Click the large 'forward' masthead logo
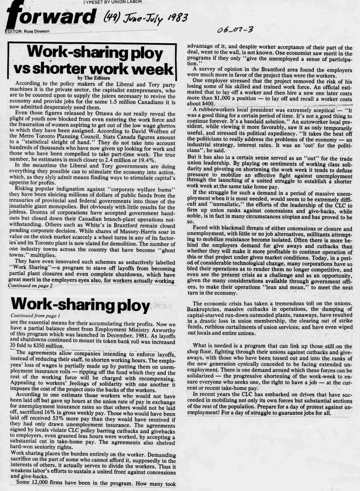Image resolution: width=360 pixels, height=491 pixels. click(50, 17)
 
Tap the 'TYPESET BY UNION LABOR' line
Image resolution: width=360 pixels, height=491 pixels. click(112, 2)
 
